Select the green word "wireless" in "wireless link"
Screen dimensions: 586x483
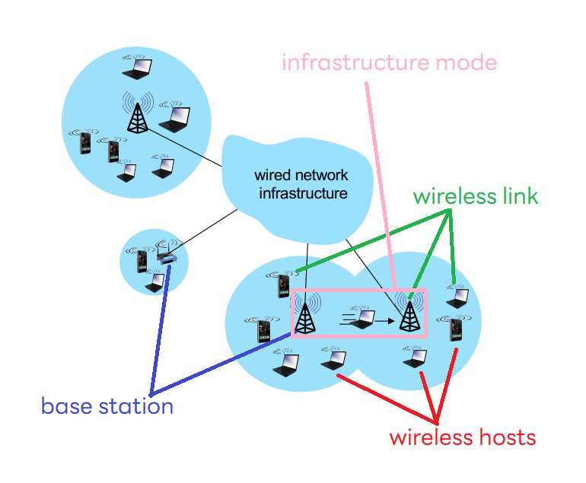tap(454, 196)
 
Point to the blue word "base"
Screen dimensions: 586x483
tap(66, 405)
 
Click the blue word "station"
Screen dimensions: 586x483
tap(136, 405)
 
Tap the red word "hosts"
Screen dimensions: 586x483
tap(508, 437)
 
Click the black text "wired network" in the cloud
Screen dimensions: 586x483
tap(301, 175)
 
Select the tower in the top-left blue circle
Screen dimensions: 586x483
tap(138, 113)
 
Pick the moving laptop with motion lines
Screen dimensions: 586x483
tap(361, 317)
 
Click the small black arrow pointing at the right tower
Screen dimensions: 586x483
tap(384, 321)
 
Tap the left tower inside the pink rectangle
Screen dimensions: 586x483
tap(306, 313)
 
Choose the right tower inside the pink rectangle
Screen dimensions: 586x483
tap(409, 313)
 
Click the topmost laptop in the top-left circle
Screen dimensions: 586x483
tap(137, 68)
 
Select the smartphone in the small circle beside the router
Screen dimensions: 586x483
tap(142, 260)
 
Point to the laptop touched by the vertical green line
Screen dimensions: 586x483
tap(458, 297)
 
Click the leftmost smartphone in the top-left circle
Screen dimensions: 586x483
tap(85, 142)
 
